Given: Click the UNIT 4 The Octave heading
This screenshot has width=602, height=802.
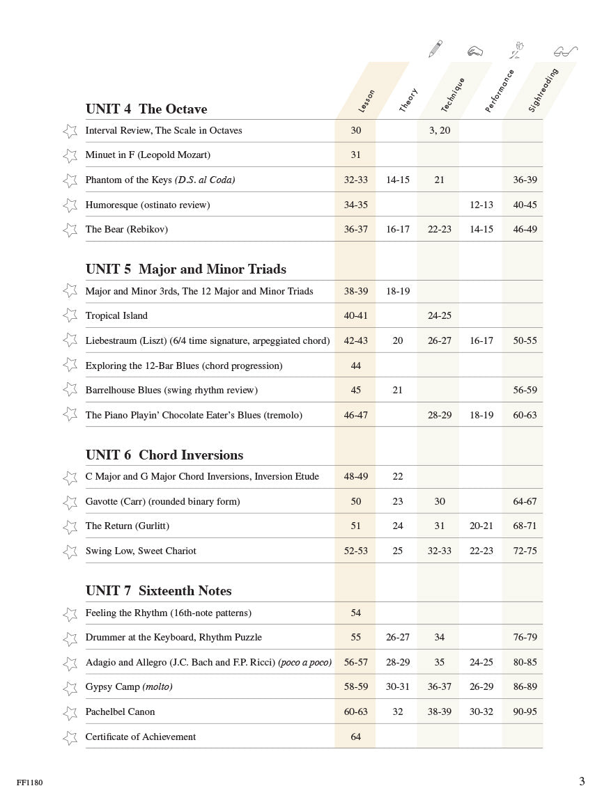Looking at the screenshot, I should click(x=146, y=109).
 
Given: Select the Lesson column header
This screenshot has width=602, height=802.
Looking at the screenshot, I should click(x=366, y=101).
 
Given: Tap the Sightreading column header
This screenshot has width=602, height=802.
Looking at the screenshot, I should click(x=543, y=90).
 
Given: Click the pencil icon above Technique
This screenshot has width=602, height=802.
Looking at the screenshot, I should click(x=435, y=49).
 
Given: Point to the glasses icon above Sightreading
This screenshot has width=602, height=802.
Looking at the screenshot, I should click(x=565, y=51).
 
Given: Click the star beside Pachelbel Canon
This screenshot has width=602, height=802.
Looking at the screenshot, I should click(x=70, y=713).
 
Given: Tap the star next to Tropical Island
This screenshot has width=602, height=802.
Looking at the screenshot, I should click(x=70, y=315).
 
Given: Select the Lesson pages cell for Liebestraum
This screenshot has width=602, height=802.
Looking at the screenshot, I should click(x=355, y=340).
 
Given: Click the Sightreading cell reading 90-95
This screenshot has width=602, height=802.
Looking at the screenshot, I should click(x=525, y=711).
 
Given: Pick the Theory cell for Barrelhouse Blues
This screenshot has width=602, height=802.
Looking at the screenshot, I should click(x=397, y=390).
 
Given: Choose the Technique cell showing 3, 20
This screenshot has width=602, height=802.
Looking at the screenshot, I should click(x=439, y=130).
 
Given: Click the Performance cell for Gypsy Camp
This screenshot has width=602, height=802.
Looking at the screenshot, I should click(x=481, y=686).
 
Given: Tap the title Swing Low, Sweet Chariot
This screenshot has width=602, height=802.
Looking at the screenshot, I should click(x=141, y=551).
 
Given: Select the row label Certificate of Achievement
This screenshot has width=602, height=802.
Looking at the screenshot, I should click(x=140, y=737).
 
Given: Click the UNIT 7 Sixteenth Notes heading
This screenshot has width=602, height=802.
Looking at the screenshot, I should click(x=158, y=591).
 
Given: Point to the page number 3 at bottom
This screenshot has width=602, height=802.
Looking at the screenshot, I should click(x=582, y=781).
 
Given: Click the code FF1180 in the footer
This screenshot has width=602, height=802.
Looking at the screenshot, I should click(x=29, y=783).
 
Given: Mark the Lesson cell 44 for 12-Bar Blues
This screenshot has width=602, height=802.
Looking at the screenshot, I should click(x=355, y=365).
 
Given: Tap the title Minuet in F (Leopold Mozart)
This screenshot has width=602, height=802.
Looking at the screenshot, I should click(x=148, y=155).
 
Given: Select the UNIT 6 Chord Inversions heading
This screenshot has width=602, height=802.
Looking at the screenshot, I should click(x=164, y=455).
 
